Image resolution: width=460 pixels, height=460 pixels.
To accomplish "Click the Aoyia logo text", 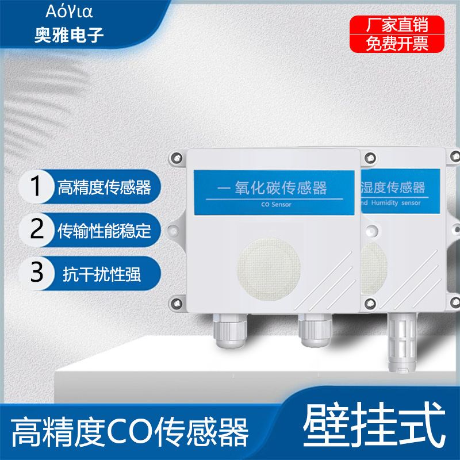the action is (69, 11).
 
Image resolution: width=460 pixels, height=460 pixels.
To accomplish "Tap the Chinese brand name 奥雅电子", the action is (69, 35).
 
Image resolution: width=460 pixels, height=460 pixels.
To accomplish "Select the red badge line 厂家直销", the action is (397, 25).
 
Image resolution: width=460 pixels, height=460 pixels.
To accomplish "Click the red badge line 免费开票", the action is (397, 44).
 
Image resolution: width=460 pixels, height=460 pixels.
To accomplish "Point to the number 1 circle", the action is (36, 186).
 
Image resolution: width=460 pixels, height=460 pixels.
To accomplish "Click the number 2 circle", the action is (36, 229).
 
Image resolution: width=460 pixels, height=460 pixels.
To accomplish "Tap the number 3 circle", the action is (36, 273).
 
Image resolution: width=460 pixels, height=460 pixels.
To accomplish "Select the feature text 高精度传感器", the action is (104, 187).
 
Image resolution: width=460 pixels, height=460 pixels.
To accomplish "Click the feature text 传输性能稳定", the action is (104, 231).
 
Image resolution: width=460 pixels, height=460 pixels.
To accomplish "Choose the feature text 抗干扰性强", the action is (102, 274).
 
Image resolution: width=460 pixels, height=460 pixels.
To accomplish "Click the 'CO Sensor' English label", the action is (276, 205).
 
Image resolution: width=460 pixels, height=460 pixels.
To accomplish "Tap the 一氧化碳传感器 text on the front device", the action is (272, 188).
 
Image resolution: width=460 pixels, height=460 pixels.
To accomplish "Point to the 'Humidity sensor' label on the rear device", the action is (396, 203).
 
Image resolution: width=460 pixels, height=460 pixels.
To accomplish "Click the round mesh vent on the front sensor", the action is (269, 269).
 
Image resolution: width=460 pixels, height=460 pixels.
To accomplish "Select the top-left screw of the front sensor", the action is (177, 158).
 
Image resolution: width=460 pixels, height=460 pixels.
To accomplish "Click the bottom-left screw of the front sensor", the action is (177, 304).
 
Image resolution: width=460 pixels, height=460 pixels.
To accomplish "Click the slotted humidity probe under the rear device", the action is (402, 342).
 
